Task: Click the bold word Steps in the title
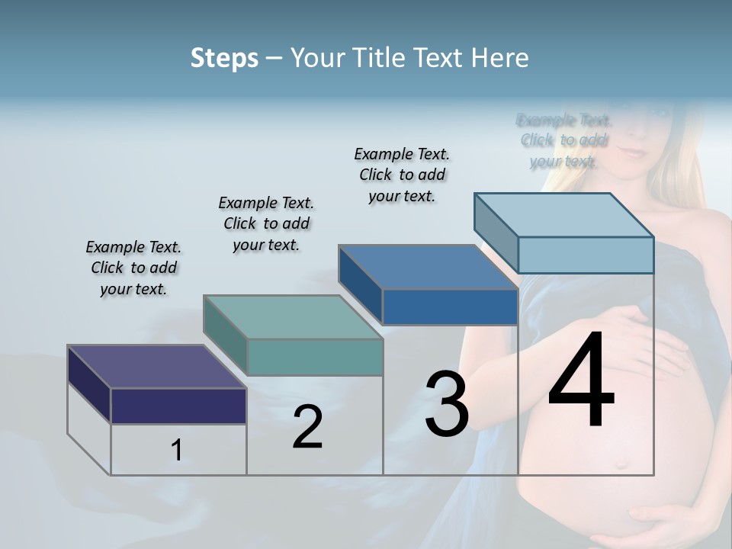223,58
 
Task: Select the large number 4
581,384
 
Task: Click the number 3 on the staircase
446,404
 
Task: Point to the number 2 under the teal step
307,428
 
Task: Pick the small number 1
177,451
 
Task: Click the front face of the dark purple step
178,406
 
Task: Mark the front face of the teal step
315,357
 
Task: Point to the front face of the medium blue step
450,307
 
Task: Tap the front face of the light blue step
586,255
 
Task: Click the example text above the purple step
133,268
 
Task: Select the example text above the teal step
266,224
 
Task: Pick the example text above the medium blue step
402,175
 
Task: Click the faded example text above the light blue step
563,140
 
